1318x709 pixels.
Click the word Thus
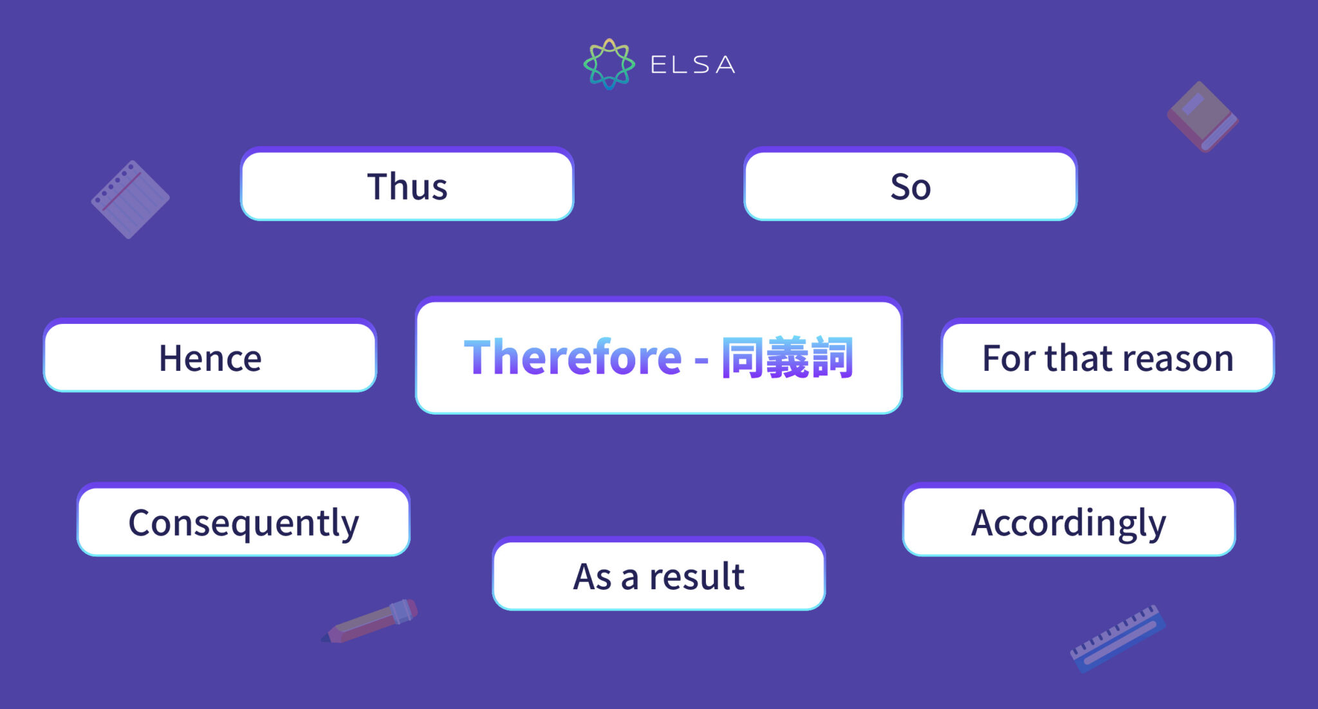[x=407, y=187]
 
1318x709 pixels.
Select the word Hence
[x=210, y=358]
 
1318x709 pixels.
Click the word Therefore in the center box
[x=572, y=357]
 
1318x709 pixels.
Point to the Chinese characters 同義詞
[x=787, y=357]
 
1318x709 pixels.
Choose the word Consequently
[x=243, y=523]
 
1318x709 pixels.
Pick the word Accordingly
[x=1068, y=523]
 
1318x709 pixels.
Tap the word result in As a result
[x=696, y=576]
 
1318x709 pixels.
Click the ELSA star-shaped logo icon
[x=609, y=64]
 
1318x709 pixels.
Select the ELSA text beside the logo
[x=692, y=65]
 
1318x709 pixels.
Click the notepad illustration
[x=131, y=200]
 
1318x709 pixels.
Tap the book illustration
[x=1202, y=117]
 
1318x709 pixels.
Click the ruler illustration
[x=1118, y=638]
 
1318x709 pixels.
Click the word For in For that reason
[x=1008, y=358]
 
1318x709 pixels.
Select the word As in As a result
[x=592, y=576]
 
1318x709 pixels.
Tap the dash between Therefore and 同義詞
[x=701, y=359]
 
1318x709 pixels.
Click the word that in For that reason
[x=1078, y=358]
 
